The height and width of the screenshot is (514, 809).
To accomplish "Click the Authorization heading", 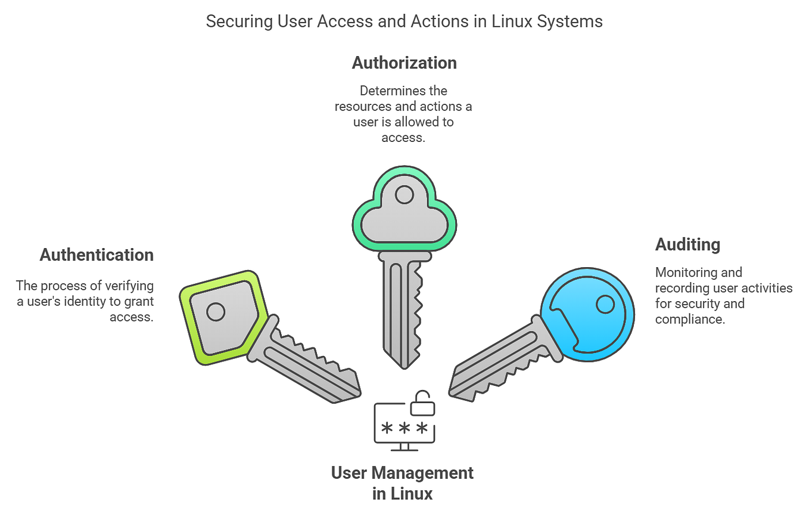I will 404,63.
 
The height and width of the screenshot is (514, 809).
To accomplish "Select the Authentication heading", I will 97,255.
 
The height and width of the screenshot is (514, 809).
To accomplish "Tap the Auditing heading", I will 687,244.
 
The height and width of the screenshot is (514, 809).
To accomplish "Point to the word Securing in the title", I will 234,21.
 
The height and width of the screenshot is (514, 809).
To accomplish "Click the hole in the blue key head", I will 605,305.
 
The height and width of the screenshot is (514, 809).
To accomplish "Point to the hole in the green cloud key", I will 404,194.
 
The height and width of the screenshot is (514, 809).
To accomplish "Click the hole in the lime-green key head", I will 215,311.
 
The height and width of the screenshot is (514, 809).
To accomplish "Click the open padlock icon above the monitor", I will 422,404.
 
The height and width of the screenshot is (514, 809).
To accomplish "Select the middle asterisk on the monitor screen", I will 404,429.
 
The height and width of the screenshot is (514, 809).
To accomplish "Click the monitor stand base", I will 404,450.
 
